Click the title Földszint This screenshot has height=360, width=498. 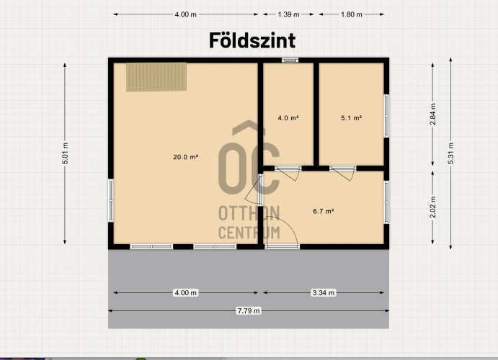coord(252,40)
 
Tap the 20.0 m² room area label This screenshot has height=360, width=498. coord(185,157)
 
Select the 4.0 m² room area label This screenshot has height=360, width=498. coord(288,118)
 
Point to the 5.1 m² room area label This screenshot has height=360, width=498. coord(351,118)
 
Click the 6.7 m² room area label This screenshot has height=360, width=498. coord(324,211)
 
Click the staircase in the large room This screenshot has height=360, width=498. coord(156,77)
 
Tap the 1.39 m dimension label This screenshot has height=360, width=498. coord(288,14)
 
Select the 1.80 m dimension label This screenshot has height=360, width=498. coord(351,14)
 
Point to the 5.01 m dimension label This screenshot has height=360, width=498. coord(65,153)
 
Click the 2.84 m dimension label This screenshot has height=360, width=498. coord(433,114)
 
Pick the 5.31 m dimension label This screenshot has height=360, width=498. coord(451,153)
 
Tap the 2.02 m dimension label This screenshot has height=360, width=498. coord(433,207)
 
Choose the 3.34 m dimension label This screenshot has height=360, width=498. coord(324,292)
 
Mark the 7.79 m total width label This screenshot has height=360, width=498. coord(249,311)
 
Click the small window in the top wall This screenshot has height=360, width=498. coord(290,60)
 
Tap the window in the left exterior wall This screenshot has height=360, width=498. coord(111,200)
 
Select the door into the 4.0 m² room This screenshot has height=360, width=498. coord(288,172)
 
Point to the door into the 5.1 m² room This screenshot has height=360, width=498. coord(343,172)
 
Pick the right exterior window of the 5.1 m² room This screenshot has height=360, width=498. coord(386,116)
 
